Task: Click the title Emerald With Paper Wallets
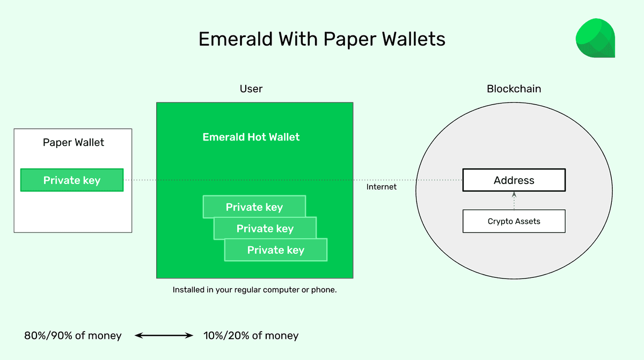[321, 39]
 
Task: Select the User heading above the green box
[251, 89]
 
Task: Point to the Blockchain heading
[514, 89]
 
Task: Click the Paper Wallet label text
[74, 143]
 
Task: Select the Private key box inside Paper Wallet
[72, 180]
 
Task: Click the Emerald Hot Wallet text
[251, 137]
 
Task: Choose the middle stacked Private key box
[265, 229]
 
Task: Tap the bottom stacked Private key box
[276, 251]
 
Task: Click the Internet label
[382, 187]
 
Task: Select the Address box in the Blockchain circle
[514, 180]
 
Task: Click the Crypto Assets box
[514, 221]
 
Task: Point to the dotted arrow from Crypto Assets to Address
[514, 201]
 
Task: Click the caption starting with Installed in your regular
[254, 290]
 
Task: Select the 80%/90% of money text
[73, 336]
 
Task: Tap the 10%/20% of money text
[251, 336]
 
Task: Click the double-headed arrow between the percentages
[163, 336]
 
